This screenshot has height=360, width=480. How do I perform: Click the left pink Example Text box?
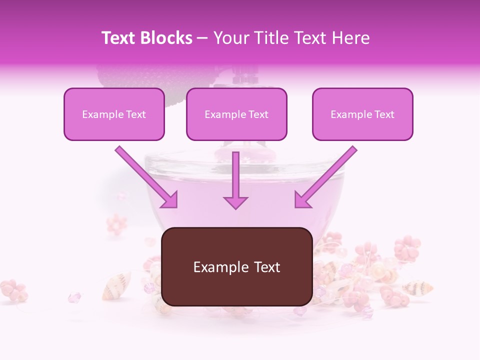click(114, 114)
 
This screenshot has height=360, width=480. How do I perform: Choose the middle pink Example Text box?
click(236, 114)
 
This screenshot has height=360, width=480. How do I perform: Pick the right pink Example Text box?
click(362, 114)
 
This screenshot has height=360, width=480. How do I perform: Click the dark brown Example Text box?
click(236, 267)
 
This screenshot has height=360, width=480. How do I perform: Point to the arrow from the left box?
click(147, 177)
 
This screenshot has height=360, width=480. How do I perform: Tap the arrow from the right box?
click(325, 177)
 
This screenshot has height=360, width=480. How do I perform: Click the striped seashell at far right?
click(417, 288)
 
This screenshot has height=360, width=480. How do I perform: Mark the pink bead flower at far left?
click(13, 289)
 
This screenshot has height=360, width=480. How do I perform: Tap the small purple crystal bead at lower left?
click(74, 297)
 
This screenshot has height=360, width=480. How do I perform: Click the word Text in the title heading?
click(119, 38)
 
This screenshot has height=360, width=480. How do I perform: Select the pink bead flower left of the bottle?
click(116, 224)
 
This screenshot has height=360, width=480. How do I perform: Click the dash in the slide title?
click(202, 38)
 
